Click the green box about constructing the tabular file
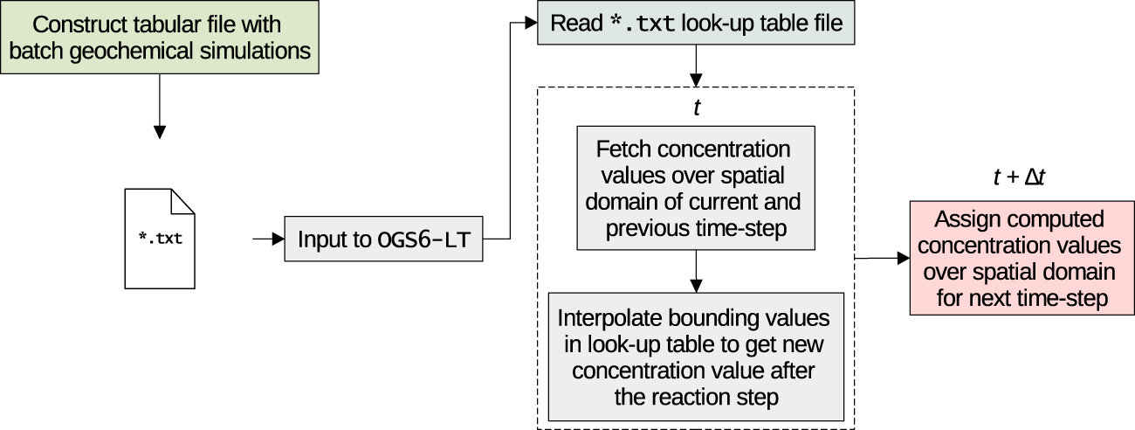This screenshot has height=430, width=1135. click(x=160, y=38)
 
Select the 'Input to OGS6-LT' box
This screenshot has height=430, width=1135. click(x=383, y=239)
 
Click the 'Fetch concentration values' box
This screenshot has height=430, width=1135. click(x=694, y=189)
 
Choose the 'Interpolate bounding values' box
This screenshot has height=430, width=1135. click(x=696, y=357)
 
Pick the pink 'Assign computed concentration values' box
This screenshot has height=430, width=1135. click(x=1022, y=258)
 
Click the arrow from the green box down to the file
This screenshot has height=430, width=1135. click(x=159, y=105)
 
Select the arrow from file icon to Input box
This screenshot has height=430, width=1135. click(x=262, y=239)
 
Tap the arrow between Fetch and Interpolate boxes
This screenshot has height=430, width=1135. click(x=695, y=272)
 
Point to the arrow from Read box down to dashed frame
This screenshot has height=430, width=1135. click(x=695, y=64)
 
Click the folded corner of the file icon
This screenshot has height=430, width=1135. click(x=182, y=200)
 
